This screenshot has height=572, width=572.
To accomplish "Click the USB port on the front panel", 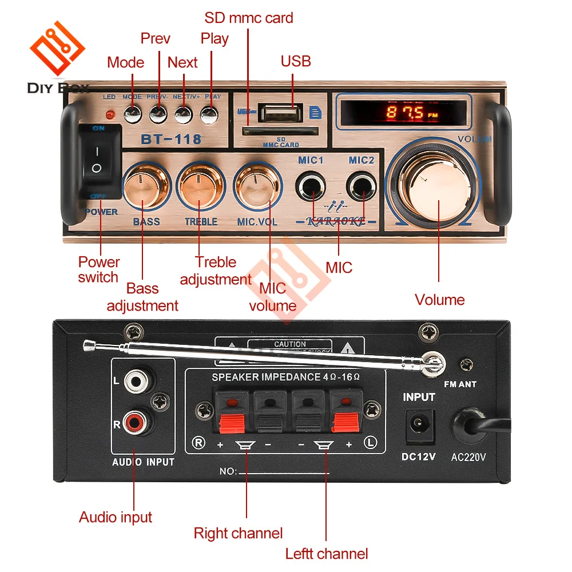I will tap(280, 113).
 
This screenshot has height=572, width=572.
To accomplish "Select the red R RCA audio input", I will tap(136, 423).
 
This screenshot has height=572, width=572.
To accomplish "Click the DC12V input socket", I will tap(419, 426).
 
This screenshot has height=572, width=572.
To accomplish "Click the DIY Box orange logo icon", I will tap(57, 49).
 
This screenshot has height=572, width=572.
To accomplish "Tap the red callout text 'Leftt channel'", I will tap(327, 554).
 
